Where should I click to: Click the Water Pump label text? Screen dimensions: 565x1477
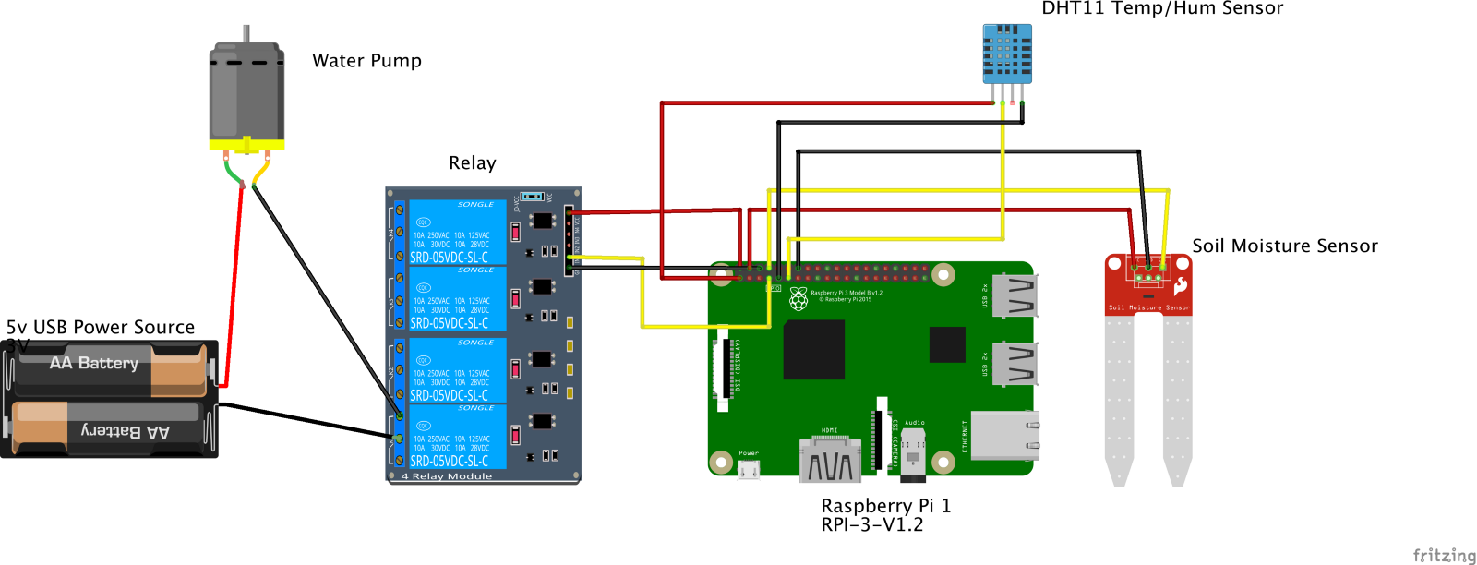click(366, 61)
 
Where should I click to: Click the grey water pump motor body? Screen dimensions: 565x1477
click(246, 92)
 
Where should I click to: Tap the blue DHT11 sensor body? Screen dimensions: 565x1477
click(1007, 54)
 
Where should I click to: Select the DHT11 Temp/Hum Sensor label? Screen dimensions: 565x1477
click(1162, 8)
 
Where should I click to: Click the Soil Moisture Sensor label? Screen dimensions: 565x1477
click(1284, 246)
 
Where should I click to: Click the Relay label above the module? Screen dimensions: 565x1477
click(472, 163)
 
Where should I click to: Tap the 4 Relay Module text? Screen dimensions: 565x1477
click(447, 476)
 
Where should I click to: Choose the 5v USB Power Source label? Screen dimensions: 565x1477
click(101, 328)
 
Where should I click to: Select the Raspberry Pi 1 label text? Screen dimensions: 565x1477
click(885, 506)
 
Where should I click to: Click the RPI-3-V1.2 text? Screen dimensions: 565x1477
click(871, 525)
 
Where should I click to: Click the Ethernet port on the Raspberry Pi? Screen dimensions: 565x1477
click(1004, 436)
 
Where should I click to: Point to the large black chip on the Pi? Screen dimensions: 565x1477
click(813, 350)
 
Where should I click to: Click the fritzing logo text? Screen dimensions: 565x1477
click(1444, 555)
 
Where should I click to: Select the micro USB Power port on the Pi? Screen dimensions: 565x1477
click(749, 469)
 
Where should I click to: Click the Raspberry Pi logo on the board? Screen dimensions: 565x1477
click(798, 297)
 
